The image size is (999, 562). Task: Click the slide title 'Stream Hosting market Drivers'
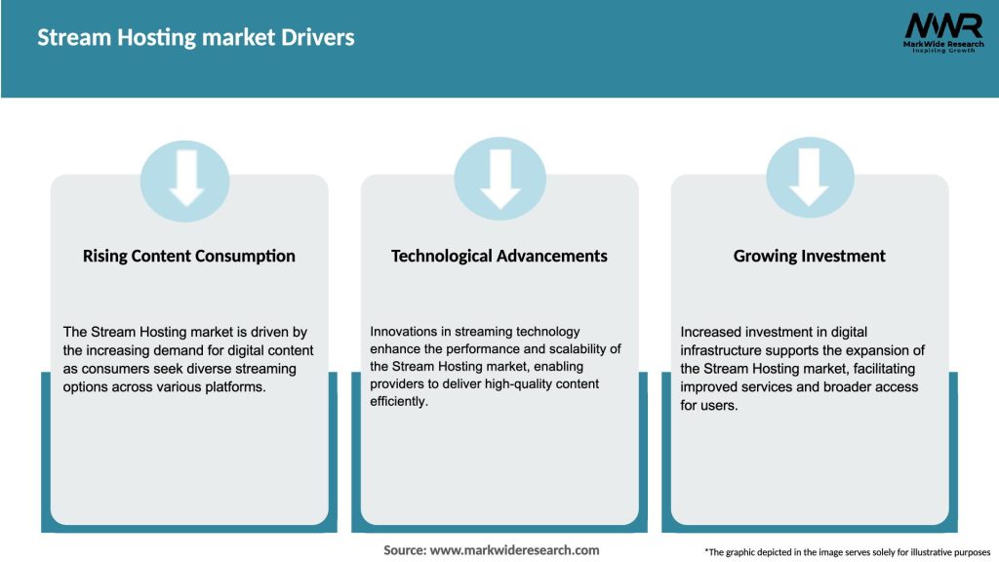point(195,38)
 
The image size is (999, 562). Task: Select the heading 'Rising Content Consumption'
point(189,257)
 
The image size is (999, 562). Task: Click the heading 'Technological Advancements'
point(499,257)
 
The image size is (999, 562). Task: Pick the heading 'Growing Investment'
point(810,257)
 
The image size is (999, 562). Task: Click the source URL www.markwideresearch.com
point(515,550)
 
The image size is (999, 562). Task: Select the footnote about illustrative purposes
point(847,552)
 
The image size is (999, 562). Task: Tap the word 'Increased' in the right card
point(712,333)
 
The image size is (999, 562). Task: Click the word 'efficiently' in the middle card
point(397,401)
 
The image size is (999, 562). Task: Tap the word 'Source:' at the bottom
point(404,550)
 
